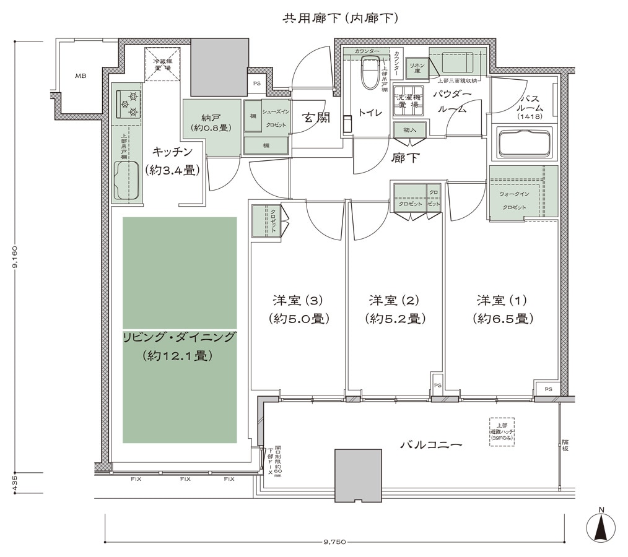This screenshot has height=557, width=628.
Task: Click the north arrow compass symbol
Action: click(601, 528)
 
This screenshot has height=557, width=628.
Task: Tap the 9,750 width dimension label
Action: click(334, 543)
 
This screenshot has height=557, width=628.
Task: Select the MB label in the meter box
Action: click(81, 76)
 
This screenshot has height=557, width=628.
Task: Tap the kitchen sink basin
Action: click(128, 180)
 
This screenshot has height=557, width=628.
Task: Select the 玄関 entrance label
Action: click(316, 116)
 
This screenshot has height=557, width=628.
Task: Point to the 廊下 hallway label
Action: click(405, 158)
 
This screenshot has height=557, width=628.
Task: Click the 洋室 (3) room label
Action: click(298, 301)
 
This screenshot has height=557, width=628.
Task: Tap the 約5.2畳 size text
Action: click(395, 319)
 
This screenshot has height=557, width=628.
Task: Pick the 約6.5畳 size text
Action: click(502, 319)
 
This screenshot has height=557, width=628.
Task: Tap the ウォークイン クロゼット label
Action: click(514, 200)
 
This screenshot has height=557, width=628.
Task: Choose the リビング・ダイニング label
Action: click(180, 337)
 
